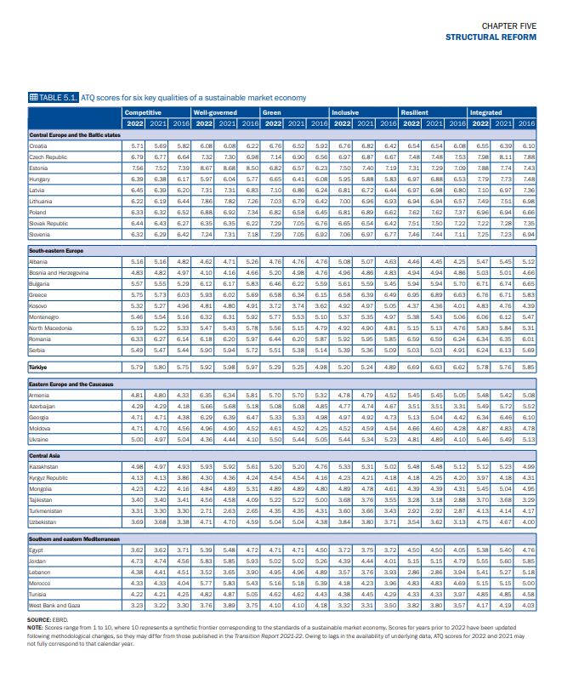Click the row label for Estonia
pyautogui.click(x=40, y=168)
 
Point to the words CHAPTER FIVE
pyautogui.click(x=509, y=26)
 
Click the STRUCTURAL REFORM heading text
pyautogui.click(x=491, y=37)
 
